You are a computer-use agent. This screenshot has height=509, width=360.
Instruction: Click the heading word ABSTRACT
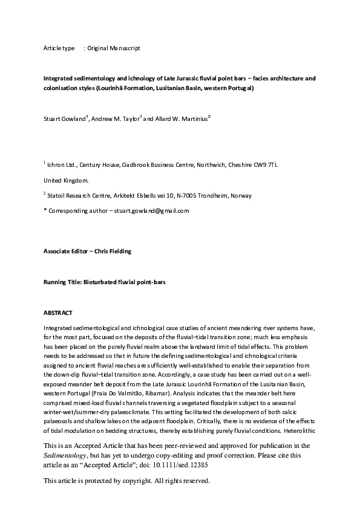tap(58, 313)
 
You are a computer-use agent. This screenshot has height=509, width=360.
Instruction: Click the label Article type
tap(59, 47)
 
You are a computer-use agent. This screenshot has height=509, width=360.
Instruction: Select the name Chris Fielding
tap(116, 250)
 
